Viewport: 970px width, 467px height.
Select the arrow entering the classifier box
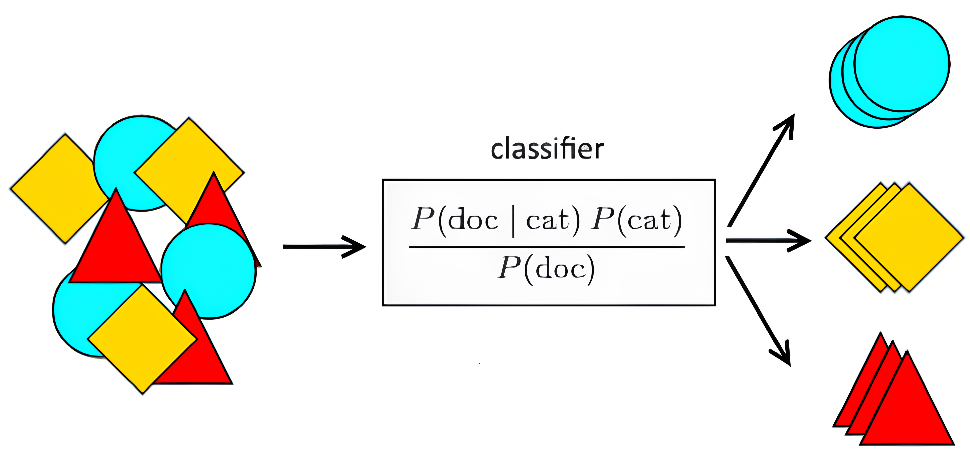[x=324, y=247]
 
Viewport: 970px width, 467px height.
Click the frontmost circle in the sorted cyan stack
[x=902, y=64]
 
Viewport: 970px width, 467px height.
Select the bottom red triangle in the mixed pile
[x=203, y=361]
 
